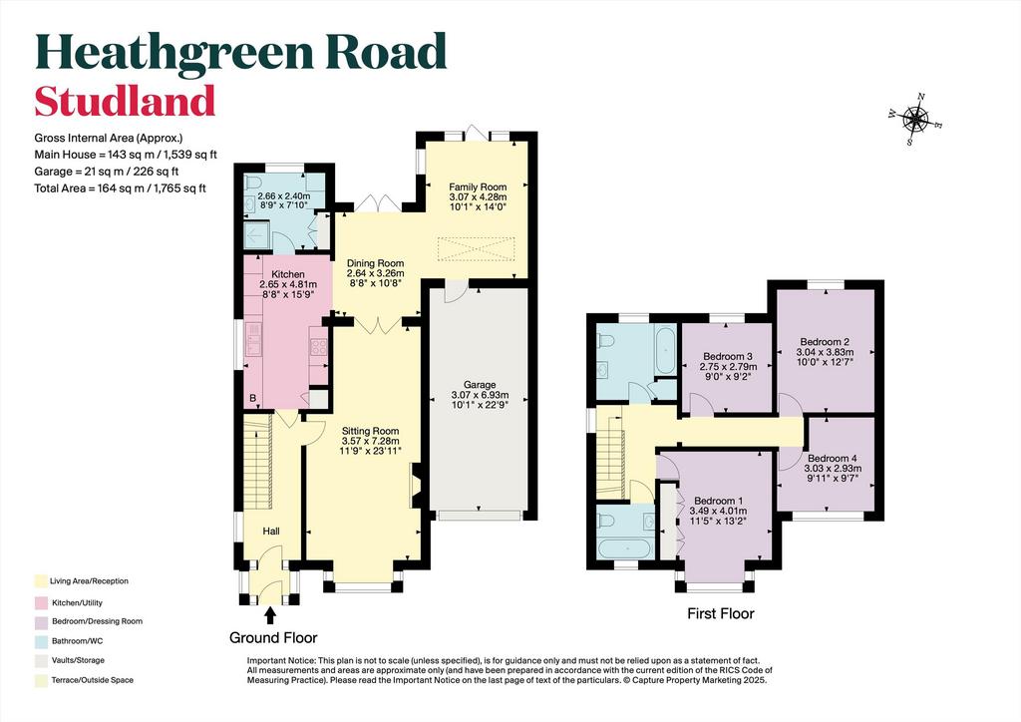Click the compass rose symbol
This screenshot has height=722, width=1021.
[915, 120]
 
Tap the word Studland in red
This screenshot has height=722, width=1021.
[125, 101]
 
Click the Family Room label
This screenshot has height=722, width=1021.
[478, 186]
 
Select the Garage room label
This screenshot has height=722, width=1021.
[480, 385]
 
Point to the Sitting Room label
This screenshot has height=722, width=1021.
[371, 431]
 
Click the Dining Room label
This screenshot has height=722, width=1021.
[375, 263]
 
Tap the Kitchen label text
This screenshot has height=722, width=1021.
[288, 274]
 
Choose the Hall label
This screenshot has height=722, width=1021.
[271, 532]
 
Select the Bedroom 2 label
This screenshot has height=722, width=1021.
[825, 342]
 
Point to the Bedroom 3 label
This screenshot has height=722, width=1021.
[728, 357]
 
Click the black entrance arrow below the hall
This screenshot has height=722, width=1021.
[270, 615]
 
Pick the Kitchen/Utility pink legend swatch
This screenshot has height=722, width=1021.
[42, 603]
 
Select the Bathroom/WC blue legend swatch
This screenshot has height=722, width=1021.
[42, 641]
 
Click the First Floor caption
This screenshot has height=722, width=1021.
[721, 613]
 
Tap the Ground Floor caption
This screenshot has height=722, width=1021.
[273, 637]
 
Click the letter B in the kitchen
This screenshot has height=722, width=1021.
[252, 398]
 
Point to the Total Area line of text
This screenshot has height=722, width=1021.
[120, 188]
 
